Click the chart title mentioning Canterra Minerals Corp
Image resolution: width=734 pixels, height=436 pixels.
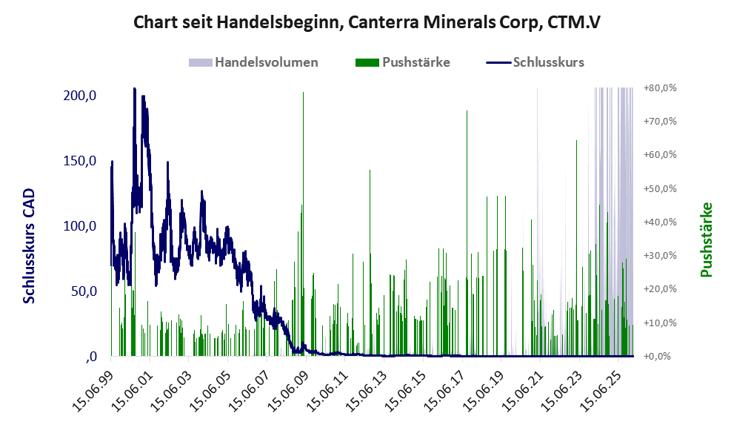pos(367,22)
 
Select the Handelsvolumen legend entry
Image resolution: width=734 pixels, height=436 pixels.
pos(266,62)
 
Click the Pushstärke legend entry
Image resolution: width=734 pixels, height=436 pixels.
pos(416,62)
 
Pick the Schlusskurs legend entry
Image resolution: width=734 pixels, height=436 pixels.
pos(548,62)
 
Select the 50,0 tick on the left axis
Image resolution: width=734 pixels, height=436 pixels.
pos(84,291)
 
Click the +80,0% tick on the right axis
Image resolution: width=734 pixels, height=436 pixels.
pos(660,88)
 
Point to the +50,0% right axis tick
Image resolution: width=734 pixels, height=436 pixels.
pos(660,189)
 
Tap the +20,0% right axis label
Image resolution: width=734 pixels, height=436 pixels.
pos(660,289)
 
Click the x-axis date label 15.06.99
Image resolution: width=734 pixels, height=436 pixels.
pos(97,385)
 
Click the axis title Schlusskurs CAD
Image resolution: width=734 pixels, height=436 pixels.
pos(30,245)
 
